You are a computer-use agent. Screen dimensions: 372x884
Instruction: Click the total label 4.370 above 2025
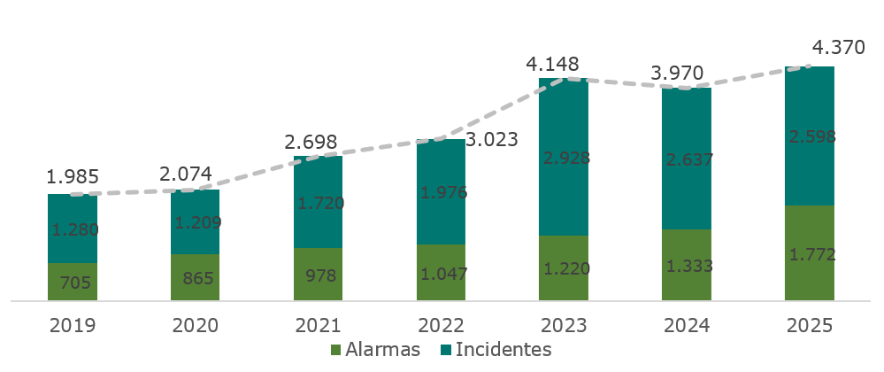tap(836, 47)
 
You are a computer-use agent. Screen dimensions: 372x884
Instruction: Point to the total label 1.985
tap(73, 176)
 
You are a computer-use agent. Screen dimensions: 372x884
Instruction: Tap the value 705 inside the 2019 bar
tap(73, 283)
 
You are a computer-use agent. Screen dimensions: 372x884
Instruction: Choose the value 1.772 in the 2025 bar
tap(809, 255)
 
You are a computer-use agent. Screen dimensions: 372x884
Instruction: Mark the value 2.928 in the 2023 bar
tap(564, 159)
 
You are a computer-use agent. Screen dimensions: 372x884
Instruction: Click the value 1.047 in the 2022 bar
tap(441, 273)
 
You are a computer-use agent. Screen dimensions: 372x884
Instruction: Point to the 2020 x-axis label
tap(195, 325)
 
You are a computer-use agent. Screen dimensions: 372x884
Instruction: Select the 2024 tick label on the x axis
tap(686, 325)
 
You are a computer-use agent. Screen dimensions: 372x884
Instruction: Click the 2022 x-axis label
tap(441, 325)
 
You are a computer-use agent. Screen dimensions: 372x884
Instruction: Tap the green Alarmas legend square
tap(336, 350)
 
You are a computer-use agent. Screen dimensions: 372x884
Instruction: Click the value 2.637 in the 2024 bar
tap(687, 160)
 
